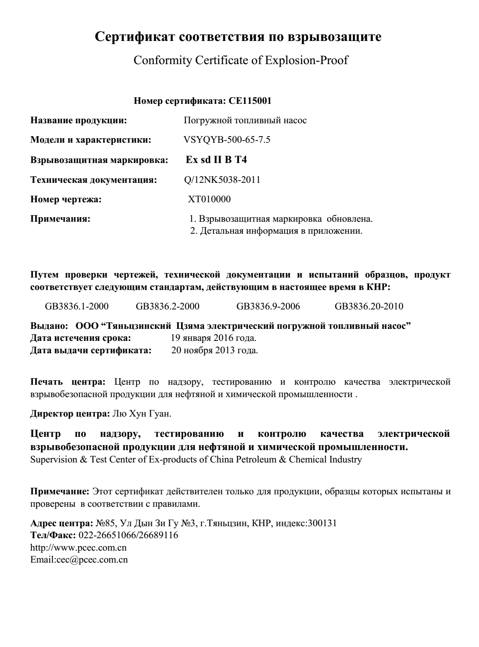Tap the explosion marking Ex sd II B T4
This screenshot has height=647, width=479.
[x=216, y=160]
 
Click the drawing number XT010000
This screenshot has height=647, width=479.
[x=209, y=199]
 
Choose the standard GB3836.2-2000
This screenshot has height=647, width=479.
[x=168, y=307]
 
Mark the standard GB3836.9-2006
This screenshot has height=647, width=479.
[x=268, y=307]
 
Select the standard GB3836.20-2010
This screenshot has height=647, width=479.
[x=369, y=307]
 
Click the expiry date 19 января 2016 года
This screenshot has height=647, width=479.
[x=213, y=338]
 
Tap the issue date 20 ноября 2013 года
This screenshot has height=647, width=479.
[x=215, y=351]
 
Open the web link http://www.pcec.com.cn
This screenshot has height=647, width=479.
[x=79, y=547]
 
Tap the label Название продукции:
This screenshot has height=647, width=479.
[x=79, y=120]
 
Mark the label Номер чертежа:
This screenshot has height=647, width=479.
[x=66, y=199]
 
